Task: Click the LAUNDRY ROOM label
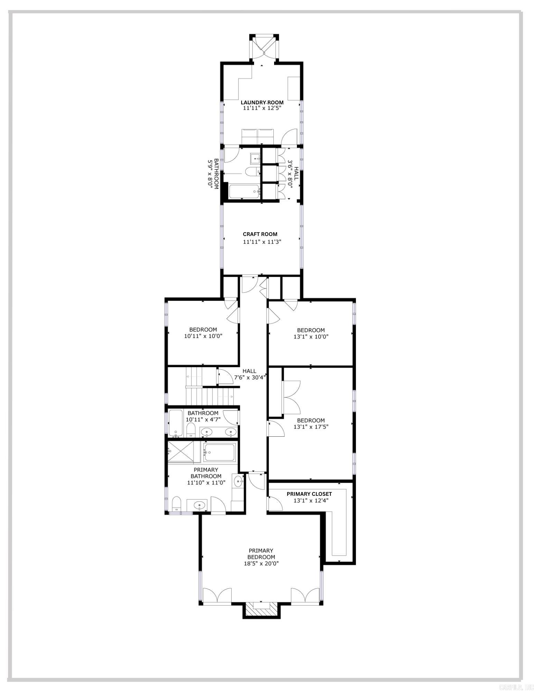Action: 262,102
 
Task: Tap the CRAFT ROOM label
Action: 260,234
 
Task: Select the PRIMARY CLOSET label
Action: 309,494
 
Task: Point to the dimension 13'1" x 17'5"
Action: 311,427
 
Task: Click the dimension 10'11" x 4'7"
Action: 203,419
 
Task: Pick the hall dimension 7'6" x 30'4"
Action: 250,378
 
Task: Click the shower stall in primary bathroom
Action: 184,452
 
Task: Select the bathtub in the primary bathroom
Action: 219,453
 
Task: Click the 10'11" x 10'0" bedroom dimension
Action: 203,336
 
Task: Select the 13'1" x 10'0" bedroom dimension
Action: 311,336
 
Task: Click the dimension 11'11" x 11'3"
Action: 262,242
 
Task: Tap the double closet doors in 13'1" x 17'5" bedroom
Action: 291,397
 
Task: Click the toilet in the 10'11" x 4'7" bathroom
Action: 190,430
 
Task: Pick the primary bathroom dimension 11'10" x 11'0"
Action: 206,483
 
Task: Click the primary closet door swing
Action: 275,503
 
